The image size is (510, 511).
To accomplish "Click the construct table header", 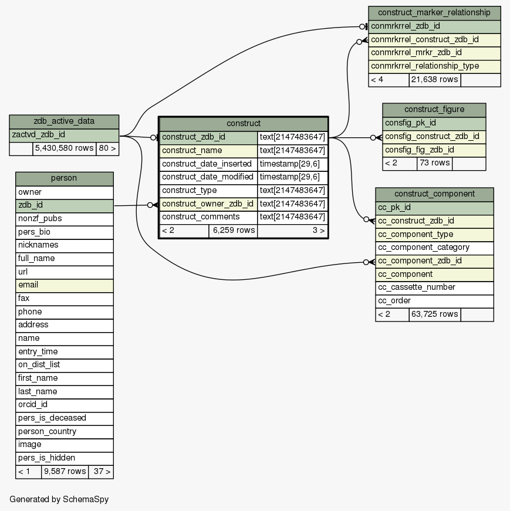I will click(x=243, y=124).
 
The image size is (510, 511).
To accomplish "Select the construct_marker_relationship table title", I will click(x=434, y=12).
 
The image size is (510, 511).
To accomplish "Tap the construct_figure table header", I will click(x=434, y=110).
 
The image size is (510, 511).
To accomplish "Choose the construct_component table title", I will click(x=434, y=194).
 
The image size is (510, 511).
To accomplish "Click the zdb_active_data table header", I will click(x=64, y=121).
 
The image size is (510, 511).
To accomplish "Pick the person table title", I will click(x=64, y=178).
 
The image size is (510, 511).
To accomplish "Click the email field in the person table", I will click(x=64, y=285).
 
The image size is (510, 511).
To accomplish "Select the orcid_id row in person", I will click(x=64, y=405).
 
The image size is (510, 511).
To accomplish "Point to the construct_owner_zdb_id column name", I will click(x=208, y=204).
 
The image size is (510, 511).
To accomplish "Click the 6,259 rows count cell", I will click(x=233, y=231).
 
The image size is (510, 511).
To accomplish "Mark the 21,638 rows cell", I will click(x=434, y=80).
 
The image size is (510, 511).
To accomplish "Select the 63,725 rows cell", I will click(x=434, y=314).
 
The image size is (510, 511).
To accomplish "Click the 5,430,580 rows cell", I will click(x=64, y=148).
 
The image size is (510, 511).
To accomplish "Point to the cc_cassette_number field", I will click(x=434, y=287).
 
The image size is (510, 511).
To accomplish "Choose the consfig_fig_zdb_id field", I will click(x=434, y=150).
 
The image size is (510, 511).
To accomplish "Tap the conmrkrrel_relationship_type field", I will click(x=434, y=66).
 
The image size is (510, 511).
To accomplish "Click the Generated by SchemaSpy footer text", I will click(x=59, y=499).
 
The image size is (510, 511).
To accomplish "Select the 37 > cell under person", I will click(x=100, y=472).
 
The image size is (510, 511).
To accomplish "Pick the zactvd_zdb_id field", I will click(x=64, y=135).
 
